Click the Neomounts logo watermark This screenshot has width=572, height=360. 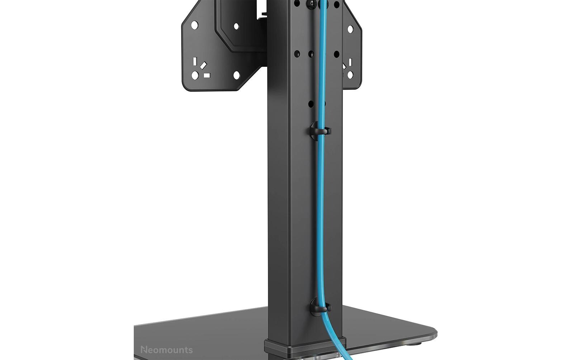pyautogui.click(x=166, y=350)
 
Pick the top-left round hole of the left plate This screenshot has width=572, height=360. pyautogui.click(x=194, y=25)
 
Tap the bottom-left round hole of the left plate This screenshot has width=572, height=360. pyautogui.click(x=195, y=75)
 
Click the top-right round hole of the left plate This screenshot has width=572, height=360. pyautogui.click(x=236, y=27)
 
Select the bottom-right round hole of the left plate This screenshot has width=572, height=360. pyautogui.click(x=236, y=75)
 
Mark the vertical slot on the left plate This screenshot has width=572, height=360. pyautogui.click(x=195, y=61)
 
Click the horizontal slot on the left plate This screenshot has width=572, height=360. pyautogui.click(x=207, y=75)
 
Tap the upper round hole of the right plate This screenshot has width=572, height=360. pyautogui.click(x=350, y=29)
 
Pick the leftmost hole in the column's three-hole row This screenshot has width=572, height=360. pyautogui.click(x=297, y=54)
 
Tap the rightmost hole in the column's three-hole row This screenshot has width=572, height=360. pyautogui.click(x=336, y=54)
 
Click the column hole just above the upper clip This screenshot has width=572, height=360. pyautogui.click(x=311, y=104)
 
